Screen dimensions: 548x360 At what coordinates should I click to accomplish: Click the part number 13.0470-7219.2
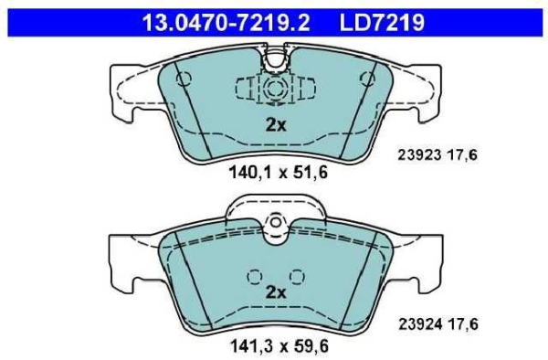(x=227, y=22)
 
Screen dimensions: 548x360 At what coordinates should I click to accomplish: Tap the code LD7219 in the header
(x=382, y=22)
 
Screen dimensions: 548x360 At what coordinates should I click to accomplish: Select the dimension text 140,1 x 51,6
(x=279, y=173)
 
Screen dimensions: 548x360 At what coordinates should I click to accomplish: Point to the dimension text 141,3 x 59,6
(x=279, y=346)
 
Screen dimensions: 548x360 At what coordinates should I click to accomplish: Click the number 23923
(x=419, y=154)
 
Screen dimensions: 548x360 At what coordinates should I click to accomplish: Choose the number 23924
(x=420, y=324)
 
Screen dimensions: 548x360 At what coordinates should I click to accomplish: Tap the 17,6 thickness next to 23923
(x=462, y=154)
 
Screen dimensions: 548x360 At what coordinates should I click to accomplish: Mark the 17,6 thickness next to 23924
(x=463, y=324)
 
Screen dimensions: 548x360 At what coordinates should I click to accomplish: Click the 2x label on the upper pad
(x=276, y=125)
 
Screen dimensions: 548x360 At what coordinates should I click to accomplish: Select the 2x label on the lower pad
(x=276, y=291)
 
